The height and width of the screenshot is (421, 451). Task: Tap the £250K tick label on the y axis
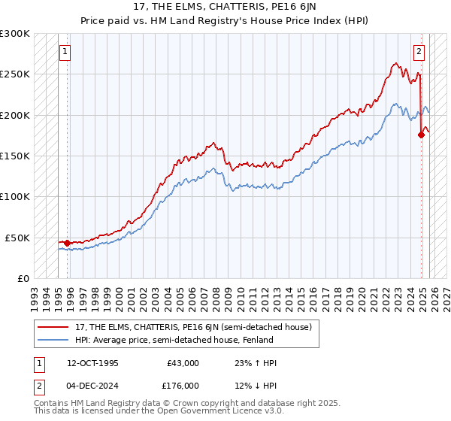pyautogui.click(x=15, y=74)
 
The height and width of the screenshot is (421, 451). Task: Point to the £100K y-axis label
pyautogui.click(x=15, y=196)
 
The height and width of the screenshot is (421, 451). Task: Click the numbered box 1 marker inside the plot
pyautogui.click(x=65, y=52)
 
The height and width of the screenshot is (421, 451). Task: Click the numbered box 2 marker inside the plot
pyautogui.click(x=419, y=52)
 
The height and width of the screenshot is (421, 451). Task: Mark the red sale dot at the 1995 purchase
pyautogui.click(x=68, y=243)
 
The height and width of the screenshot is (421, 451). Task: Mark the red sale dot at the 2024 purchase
pyautogui.click(x=421, y=135)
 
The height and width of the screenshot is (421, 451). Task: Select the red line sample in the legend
pyautogui.click(x=53, y=327)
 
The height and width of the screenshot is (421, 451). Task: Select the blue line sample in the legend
pyautogui.click(x=53, y=340)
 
